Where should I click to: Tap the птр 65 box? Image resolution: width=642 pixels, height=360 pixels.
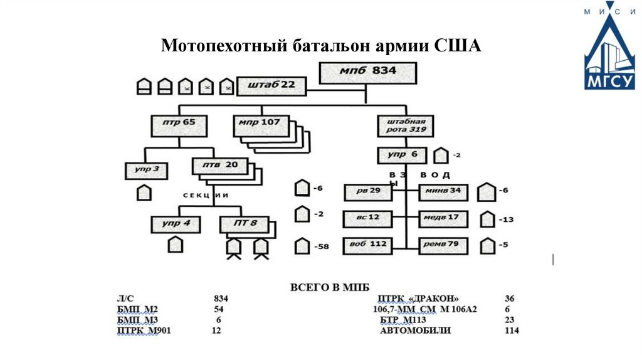coord(179,125)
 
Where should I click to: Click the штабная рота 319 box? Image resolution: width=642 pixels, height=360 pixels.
coord(403,125)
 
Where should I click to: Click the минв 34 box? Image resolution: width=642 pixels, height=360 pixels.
coord(443,191)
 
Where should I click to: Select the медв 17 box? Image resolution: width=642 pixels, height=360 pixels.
coord(443,218)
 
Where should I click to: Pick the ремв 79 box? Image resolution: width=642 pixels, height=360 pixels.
coord(443,245)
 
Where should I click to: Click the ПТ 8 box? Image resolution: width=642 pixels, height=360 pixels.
coord(244,224)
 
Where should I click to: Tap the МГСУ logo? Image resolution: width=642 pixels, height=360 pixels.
coord(609,50)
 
